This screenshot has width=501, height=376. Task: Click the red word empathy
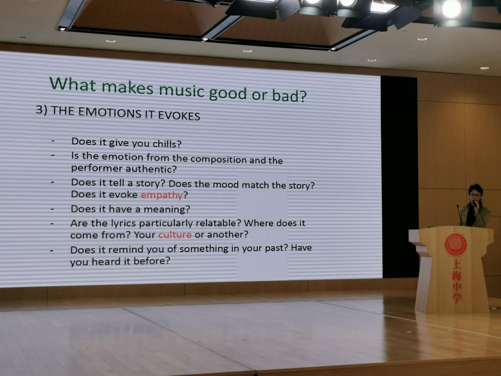[x=161, y=195]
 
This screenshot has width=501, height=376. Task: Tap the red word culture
[x=175, y=235]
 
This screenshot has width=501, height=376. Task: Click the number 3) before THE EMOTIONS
[x=42, y=110]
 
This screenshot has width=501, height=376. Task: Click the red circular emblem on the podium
[x=455, y=245]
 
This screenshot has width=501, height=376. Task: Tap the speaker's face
[x=475, y=196]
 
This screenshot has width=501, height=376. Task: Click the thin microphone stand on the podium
[x=459, y=215]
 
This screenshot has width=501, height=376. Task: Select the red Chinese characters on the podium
[x=457, y=281]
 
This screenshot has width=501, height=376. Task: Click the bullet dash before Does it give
[x=53, y=141]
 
